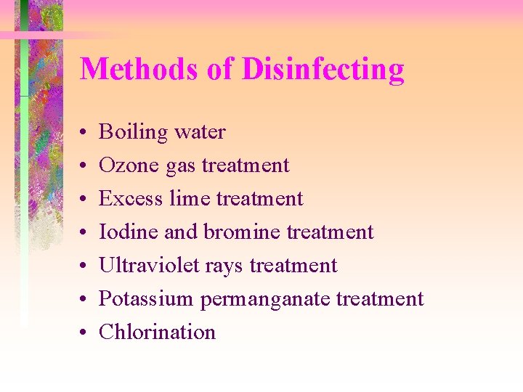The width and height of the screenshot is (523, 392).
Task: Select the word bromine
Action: pos(242,232)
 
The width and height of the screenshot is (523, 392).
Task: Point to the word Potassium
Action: pos(145,299)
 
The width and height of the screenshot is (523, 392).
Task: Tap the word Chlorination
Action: pos(157,332)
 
